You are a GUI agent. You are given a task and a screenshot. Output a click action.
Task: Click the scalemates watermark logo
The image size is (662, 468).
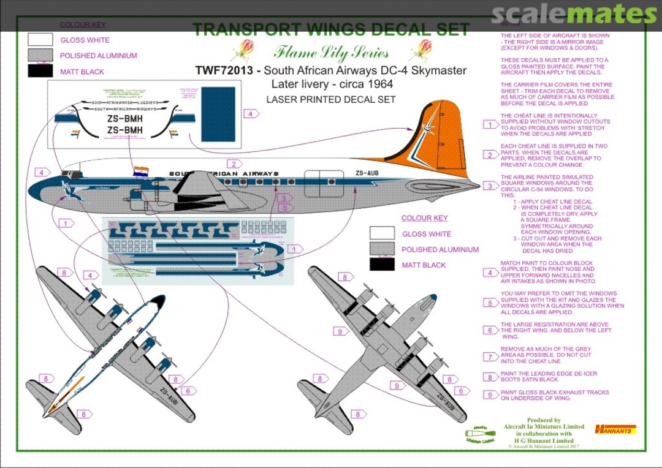574,13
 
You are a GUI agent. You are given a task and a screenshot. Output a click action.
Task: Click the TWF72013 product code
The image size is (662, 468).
224,70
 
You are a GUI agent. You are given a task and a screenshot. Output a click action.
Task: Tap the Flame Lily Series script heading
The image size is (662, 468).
331,51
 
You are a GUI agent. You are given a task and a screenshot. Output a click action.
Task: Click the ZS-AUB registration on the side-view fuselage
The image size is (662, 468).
367,173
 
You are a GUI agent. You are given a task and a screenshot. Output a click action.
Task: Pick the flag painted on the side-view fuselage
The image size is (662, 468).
141,171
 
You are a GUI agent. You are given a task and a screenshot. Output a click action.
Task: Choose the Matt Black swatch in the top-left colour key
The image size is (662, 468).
40,71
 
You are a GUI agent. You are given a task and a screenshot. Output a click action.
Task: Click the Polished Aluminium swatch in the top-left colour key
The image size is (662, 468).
40,56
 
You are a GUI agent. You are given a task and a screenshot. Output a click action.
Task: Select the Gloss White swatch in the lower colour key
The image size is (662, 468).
382,234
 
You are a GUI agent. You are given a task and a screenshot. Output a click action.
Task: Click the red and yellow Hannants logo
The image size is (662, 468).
615,429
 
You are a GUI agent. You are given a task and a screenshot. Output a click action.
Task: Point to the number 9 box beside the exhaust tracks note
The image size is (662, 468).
490,395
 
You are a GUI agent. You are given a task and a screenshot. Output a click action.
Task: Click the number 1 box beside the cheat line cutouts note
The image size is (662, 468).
490,125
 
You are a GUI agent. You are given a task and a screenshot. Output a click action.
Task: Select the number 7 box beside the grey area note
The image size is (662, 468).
490,357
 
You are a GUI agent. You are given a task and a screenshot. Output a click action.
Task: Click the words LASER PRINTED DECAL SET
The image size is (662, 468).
331,99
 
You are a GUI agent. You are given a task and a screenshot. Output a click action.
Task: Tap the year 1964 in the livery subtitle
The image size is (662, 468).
379,84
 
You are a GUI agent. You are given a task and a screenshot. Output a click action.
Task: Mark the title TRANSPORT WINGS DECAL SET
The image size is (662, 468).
331,29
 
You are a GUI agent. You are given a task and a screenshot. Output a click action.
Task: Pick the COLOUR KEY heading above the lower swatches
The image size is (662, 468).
424,218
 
